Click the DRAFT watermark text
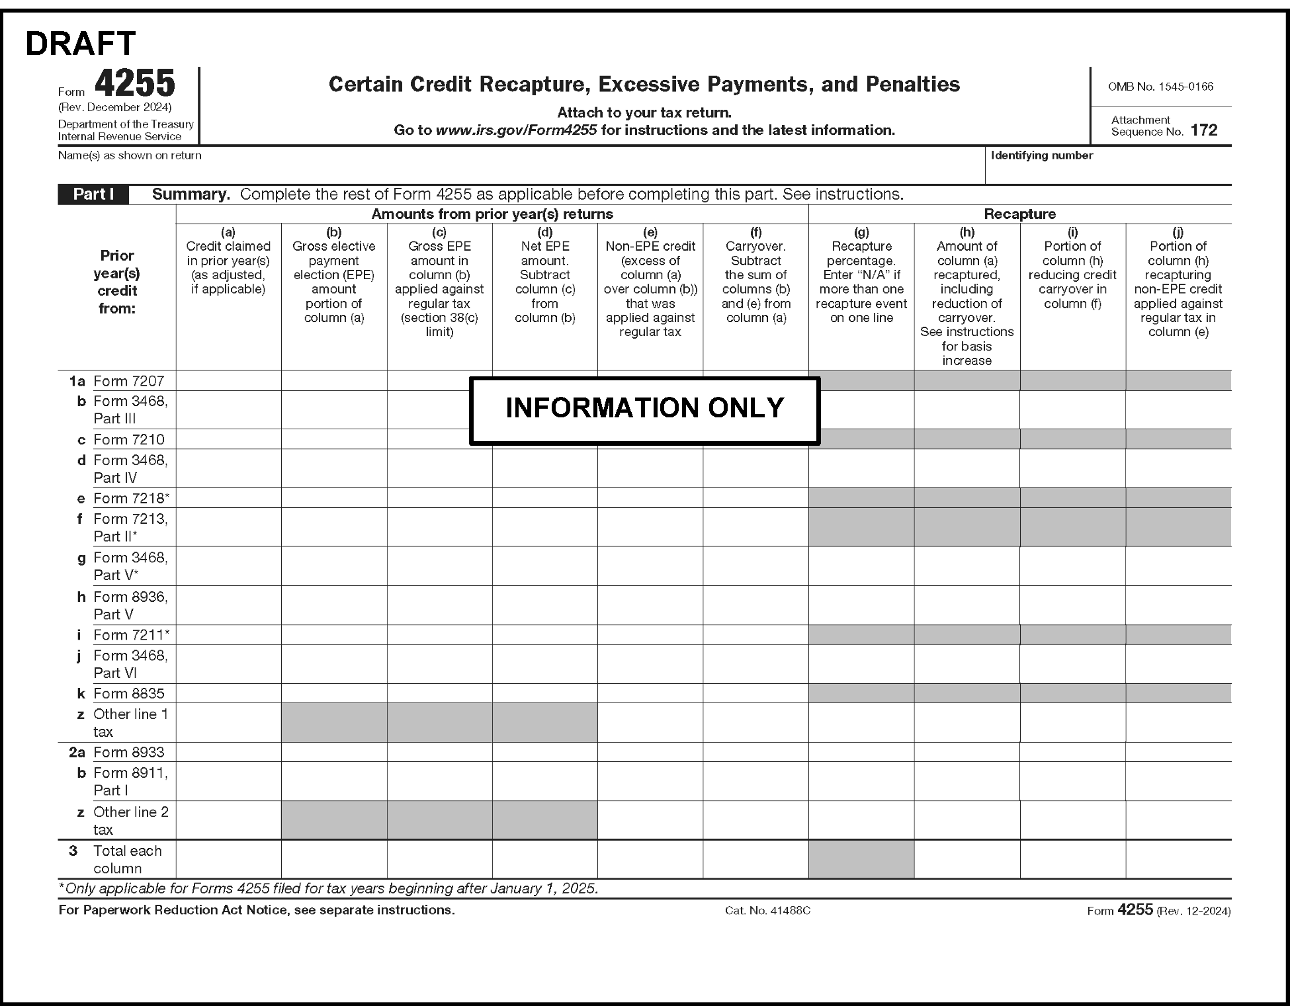click(x=80, y=44)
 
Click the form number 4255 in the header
click(x=135, y=84)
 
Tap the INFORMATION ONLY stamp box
click(x=644, y=409)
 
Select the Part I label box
click(x=93, y=194)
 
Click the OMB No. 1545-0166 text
click(x=1160, y=87)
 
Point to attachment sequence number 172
click(x=1203, y=130)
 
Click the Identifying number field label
click(x=1041, y=155)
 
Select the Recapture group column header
click(x=1019, y=214)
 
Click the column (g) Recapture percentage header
click(x=861, y=274)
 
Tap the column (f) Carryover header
click(x=755, y=274)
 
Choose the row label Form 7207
click(x=128, y=381)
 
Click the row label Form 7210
click(x=128, y=440)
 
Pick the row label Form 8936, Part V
click(x=130, y=605)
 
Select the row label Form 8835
click(x=128, y=693)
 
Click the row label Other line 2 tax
click(x=130, y=820)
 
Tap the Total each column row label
click(x=127, y=859)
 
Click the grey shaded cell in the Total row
click(x=861, y=859)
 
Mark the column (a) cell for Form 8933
click(x=228, y=752)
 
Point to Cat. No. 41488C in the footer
click(x=767, y=911)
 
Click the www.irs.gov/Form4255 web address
click(x=516, y=130)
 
